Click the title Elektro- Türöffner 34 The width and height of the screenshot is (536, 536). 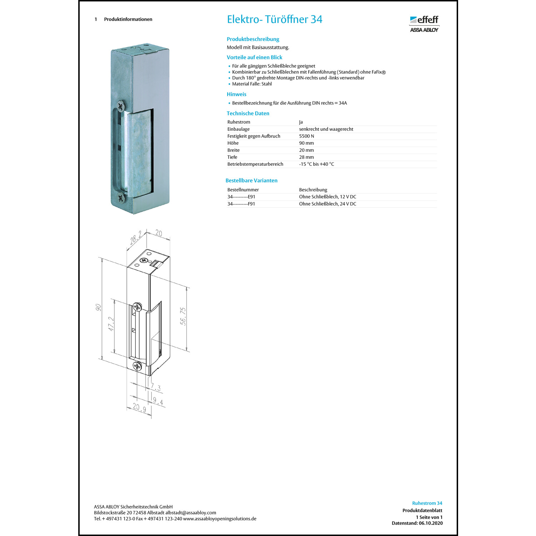tap(274, 19)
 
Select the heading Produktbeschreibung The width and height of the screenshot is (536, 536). tap(253, 39)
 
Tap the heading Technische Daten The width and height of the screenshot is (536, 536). tap(248, 113)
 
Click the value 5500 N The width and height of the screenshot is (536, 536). tap(306, 136)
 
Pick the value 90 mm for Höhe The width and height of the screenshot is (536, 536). tap(306, 143)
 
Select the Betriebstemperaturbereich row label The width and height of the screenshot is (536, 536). tap(255, 164)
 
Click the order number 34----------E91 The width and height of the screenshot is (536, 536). tap(241, 197)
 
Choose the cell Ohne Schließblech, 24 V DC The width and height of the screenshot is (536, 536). tap(327, 204)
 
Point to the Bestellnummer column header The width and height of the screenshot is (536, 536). tap(243, 190)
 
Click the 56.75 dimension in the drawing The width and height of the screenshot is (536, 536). tap(183, 316)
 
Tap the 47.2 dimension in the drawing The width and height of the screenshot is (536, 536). tap(111, 324)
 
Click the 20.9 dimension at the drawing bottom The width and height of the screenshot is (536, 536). tap(139, 407)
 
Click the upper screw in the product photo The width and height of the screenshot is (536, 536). tap(121, 105)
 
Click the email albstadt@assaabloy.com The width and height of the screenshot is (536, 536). tap(190, 513)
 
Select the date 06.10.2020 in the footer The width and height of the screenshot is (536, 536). tap(431, 523)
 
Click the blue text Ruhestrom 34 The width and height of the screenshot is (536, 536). tap(427, 503)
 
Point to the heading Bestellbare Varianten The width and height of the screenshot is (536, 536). tap(251, 180)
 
